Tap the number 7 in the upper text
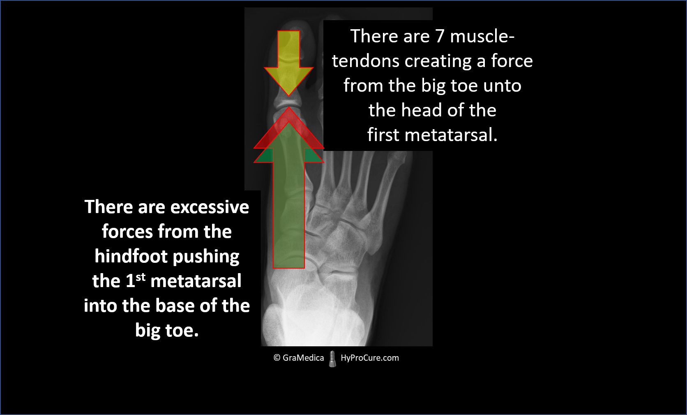(x=440, y=36)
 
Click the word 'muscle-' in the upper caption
(x=482, y=36)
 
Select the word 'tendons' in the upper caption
(x=366, y=61)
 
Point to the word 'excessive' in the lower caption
(x=210, y=207)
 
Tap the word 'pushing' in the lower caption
(x=206, y=257)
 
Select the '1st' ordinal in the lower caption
(x=136, y=280)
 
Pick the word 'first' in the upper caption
(x=383, y=134)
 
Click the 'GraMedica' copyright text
(x=303, y=358)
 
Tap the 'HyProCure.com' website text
(x=370, y=358)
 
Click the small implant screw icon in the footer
(x=332, y=359)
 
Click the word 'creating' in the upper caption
(x=438, y=61)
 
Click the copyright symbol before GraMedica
(x=277, y=357)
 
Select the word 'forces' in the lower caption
(x=127, y=232)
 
